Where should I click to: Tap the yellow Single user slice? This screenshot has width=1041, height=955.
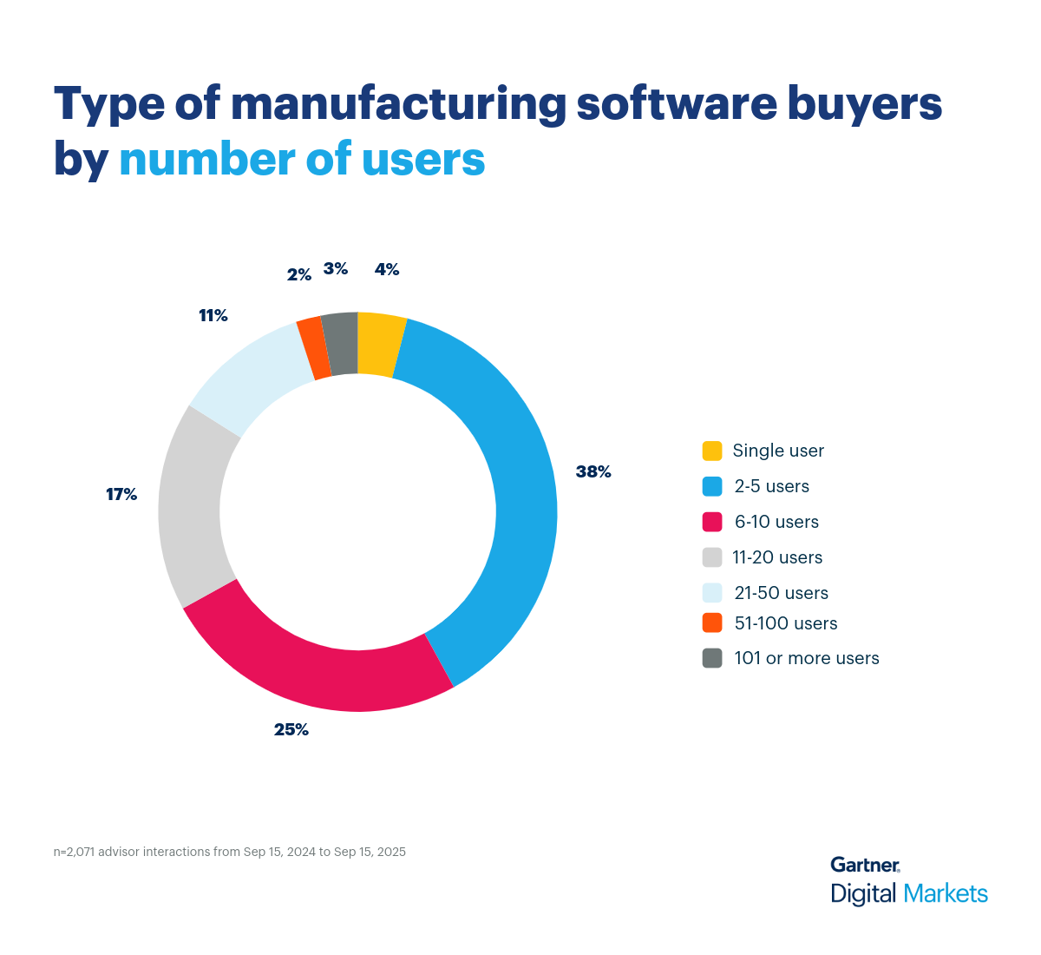(380, 345)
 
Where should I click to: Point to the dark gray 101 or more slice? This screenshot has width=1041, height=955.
(341, 344)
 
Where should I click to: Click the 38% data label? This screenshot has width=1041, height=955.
(593, 471)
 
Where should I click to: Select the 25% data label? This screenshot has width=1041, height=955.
(291, 729)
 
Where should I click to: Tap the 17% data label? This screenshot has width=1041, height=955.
(121, 494)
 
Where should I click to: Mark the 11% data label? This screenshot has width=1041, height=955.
(213, 315)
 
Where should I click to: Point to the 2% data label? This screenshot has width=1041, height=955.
(299, 274)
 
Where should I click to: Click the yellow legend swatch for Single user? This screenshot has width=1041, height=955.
(712, 451)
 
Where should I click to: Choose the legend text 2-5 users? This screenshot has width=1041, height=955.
(771, 486)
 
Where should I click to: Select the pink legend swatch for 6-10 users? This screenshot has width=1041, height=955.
(712, 522)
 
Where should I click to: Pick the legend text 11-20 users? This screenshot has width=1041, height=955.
(777, 557)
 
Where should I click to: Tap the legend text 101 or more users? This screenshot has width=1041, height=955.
(806, 658)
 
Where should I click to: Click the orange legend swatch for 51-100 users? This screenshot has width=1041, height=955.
(712, 622)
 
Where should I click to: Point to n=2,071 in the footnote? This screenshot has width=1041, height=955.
(74, 852)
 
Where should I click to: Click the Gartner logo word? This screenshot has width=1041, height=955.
(865, 865)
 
